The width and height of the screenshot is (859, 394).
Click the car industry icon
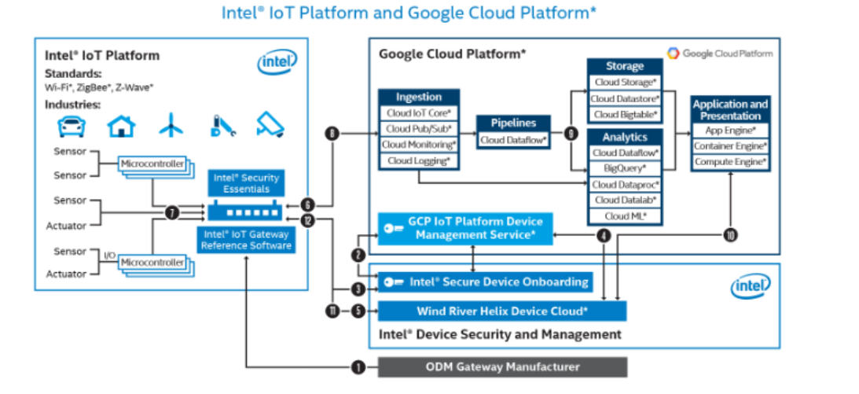coord(72,126)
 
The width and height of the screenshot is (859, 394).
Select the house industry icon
coord(121,126)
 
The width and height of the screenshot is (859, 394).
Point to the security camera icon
coord(269,125)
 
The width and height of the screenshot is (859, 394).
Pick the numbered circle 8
coord(332,134)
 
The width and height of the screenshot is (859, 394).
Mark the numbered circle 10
coord(730,234)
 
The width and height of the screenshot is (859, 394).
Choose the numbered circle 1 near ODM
coord(358,366)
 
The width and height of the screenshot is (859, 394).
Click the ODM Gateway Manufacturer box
coord(503,366)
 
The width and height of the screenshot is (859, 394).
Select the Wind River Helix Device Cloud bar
coord(502,311)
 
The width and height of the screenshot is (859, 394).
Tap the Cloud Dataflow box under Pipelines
coord(512,140)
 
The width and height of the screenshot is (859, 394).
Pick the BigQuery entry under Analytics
coord(626,168)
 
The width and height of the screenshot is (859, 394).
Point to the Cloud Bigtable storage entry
coord(626,114)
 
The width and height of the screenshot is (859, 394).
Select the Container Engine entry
coord(730,145)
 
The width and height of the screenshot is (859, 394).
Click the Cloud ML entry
coord(626,215)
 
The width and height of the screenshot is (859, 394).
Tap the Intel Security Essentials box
coord(248,183)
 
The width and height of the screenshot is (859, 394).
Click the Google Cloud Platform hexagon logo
coord(674,53)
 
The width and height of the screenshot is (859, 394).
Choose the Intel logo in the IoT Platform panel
coord(277,62)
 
